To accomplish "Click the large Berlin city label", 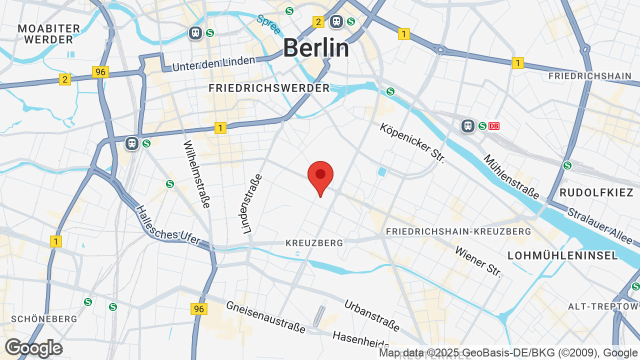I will point(316,48).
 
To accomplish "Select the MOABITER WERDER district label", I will point(48,34).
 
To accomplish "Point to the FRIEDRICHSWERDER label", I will point(269,88).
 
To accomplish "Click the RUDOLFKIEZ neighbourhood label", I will point(596,192).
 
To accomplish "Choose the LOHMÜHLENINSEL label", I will point(563,255).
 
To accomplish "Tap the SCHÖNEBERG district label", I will point(44,319).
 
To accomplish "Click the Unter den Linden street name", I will point(213,63).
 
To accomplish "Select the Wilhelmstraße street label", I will point(196,173).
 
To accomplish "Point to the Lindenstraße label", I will point(251,204).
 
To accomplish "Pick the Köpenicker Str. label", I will point(412,143).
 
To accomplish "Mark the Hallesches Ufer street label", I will point(168,226).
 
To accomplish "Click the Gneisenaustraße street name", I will point(265,317).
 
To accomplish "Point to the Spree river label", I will point(268,24).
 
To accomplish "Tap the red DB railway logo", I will point(494,126).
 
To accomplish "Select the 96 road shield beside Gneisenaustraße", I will point(198,309).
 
